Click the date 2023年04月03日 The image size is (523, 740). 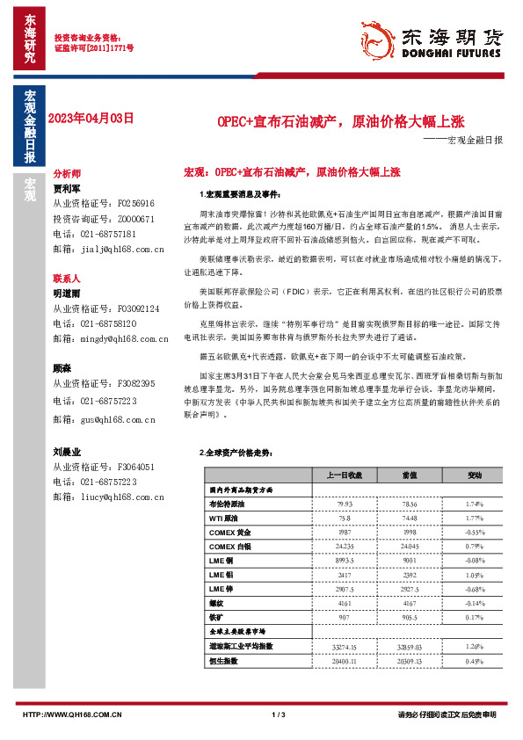[91, 118]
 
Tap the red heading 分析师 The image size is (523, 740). [67, 175]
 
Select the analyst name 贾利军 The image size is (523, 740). [67, 188]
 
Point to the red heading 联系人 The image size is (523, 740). [67, 277]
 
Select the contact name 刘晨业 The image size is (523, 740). [67, 452]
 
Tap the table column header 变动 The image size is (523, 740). [475, 475]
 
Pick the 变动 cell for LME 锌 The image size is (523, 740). [475, 590]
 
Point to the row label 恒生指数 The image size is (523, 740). [223, 661]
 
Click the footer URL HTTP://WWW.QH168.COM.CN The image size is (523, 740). [71, 715]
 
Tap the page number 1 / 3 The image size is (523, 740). [279, 715]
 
